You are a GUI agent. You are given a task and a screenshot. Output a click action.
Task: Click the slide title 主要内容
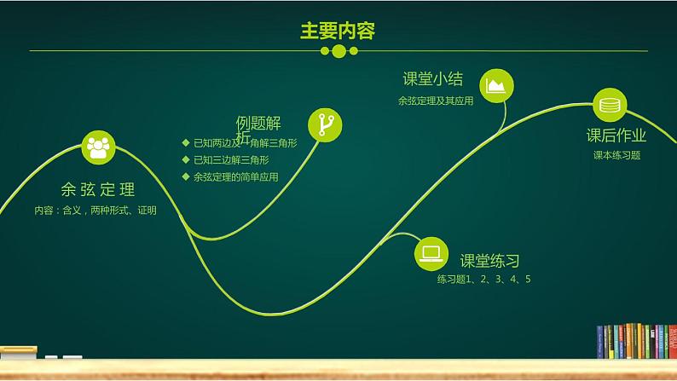point(338,31)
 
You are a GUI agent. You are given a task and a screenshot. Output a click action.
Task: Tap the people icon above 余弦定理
point(98,147)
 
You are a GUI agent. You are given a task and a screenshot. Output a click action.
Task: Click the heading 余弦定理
point(98,189)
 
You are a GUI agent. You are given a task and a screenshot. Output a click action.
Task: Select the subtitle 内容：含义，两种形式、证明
point(95,210)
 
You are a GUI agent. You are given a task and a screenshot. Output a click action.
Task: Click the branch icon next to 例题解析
point(324,124)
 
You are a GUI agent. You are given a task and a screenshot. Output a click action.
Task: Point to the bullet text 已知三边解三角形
point(231,159)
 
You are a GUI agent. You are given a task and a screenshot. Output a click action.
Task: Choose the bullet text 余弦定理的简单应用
point(236,176)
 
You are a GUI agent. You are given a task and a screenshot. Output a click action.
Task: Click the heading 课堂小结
point(433,79)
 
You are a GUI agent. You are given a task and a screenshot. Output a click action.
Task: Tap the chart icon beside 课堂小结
point(495,85)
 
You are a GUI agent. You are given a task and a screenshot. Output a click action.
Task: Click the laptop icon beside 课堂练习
point(431,253)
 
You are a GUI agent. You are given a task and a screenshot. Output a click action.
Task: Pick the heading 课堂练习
point(490,262)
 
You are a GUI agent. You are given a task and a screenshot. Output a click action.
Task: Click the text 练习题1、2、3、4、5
point(484,280)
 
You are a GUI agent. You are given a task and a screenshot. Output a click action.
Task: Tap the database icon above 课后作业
point(610,106)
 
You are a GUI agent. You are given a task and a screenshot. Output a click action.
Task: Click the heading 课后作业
point(616,136)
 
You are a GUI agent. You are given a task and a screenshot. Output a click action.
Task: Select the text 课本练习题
point(616,155)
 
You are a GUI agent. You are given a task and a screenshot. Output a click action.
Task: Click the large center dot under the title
point(338,51)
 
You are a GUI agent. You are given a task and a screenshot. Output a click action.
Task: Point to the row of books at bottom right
point(634,340)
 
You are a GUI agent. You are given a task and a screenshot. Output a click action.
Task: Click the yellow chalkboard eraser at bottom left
point(18,349)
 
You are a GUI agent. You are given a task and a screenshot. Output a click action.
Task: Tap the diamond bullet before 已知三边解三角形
point(186,159)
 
